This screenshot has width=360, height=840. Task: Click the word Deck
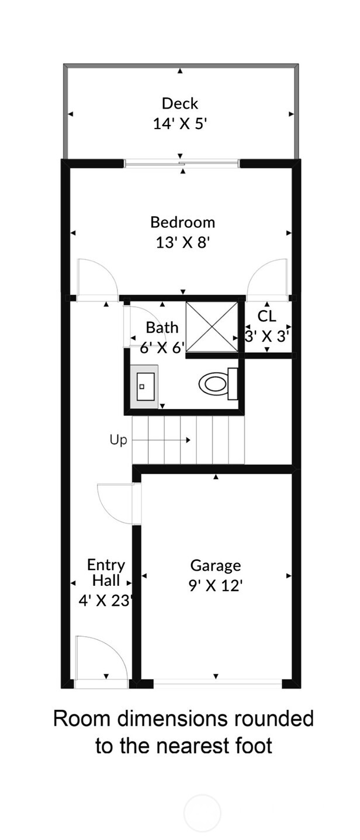pos(180,104)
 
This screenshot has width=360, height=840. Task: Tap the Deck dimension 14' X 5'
pos(180,124)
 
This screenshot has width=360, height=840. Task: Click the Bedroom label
pos(182,223)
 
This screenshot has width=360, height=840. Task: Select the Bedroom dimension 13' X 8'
pos(182,242)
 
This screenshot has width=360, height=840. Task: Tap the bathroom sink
pos(143,386)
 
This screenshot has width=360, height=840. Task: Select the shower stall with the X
pos(212,327)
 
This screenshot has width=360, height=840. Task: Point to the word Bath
pos(162,327)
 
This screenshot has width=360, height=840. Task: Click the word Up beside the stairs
pos(118,440)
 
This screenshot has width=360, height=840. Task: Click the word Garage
pos(216,565)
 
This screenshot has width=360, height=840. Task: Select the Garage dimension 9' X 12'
pos(216,585)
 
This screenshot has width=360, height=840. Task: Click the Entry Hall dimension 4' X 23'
pos(105,600)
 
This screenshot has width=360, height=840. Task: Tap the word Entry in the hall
pos(106,565)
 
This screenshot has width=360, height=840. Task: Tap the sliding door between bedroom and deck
pos(181,163)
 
